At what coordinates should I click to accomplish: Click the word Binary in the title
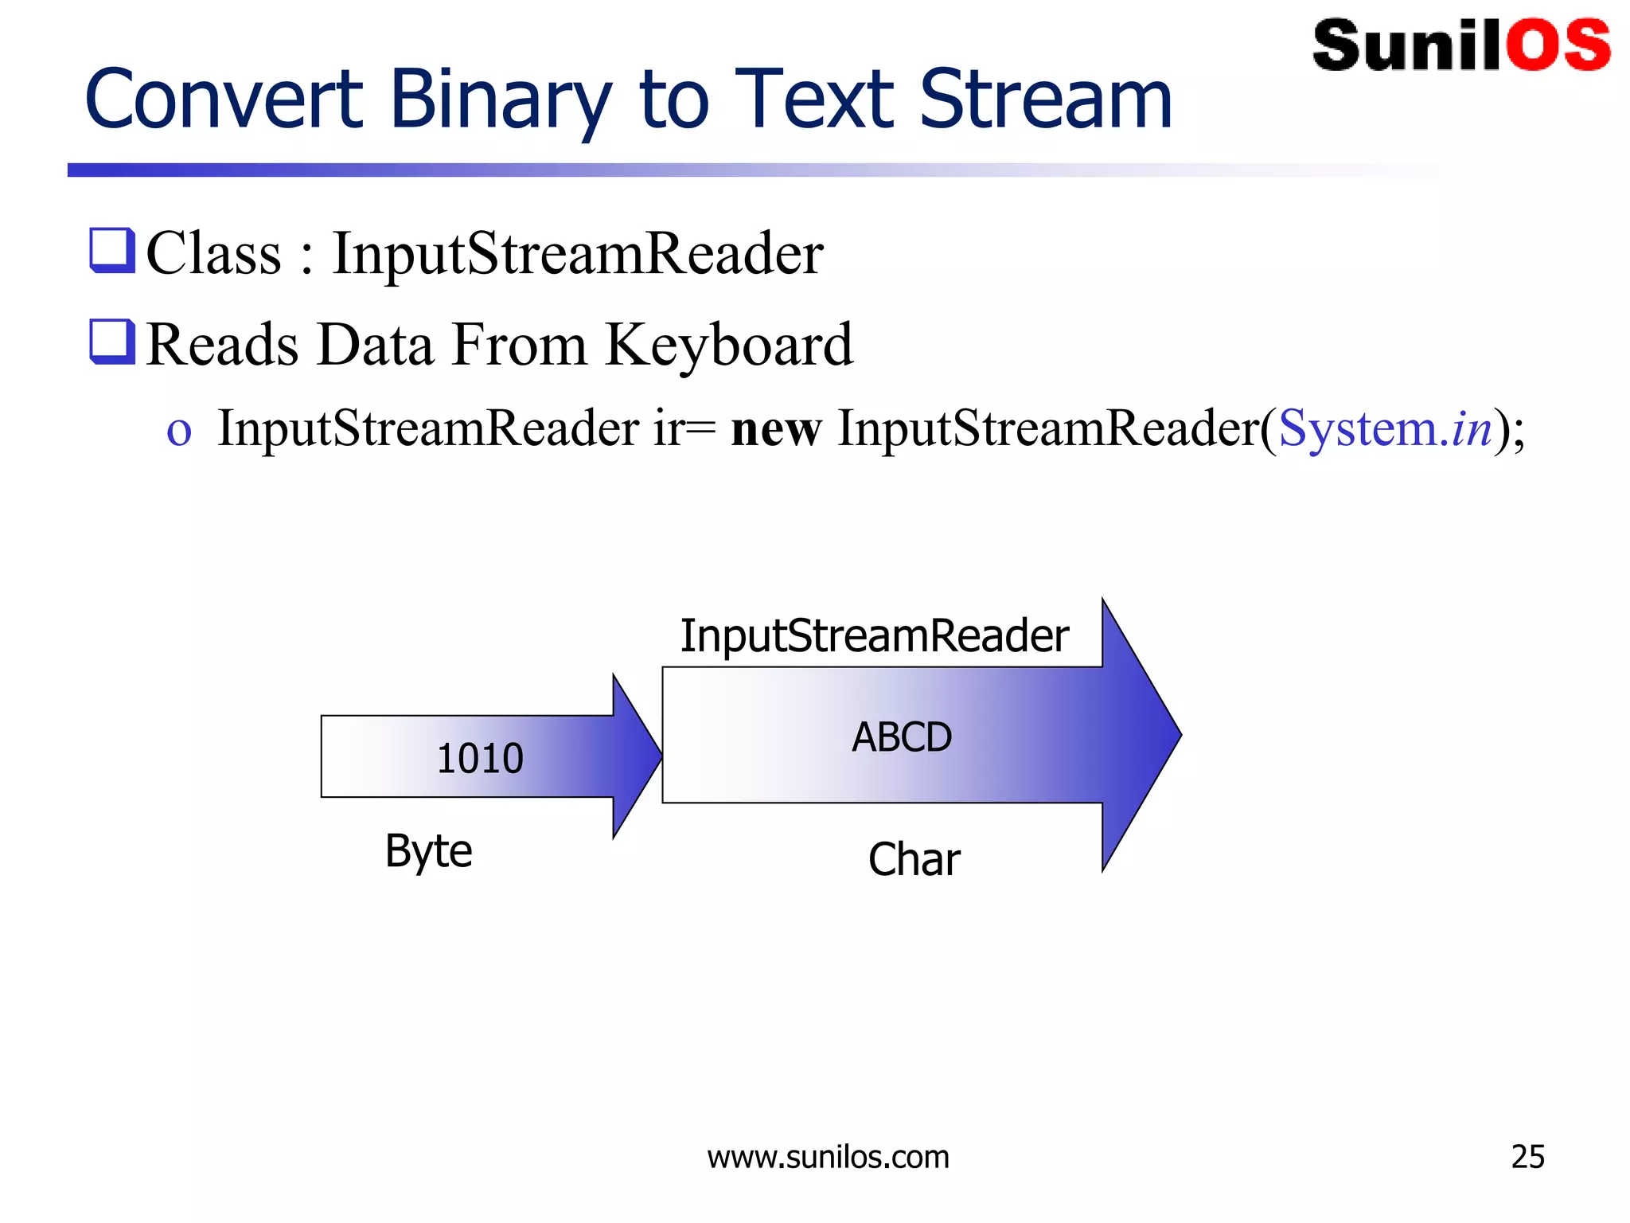coord(500,100)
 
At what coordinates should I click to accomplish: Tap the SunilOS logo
coord(1461,45)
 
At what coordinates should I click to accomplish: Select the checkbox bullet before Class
coord(112,251)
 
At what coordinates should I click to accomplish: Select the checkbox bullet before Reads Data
coord(112,342)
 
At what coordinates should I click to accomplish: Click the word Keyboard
coord(728,345)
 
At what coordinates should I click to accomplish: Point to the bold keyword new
coord(775,429)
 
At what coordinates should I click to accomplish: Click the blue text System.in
coord(1385,429)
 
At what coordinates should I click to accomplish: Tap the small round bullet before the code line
coord(179,432)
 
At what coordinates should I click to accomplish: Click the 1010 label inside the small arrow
coord(480,758)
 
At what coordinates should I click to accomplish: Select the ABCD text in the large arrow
coord(902,737)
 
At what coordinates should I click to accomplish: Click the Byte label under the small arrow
coord(428,851)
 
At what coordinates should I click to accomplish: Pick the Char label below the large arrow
coord(914,860)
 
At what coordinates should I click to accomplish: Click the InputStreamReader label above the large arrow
coord(874,636)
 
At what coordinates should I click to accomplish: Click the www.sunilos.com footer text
coord(828,1157)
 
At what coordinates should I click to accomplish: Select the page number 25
coord(1527,1157)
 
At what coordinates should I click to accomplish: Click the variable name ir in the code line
coord(667,429)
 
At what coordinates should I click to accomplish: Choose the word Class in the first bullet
coord(214,254)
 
